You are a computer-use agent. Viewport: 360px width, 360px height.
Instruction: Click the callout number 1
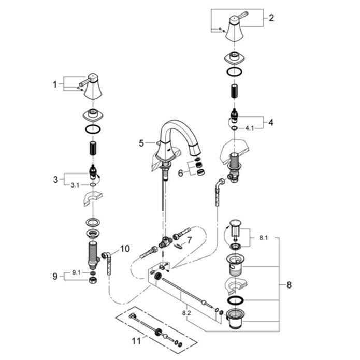54,84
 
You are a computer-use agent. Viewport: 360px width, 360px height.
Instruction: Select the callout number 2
271,18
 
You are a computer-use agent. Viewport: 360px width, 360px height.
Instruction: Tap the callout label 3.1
75,185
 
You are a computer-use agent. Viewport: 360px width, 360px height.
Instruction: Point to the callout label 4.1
250,128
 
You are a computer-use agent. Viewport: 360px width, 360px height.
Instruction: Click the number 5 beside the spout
141,143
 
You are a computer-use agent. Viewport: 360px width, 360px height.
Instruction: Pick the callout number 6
181,173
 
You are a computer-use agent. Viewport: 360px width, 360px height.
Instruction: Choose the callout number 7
189,240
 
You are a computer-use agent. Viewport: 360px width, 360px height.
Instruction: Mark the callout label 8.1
264,238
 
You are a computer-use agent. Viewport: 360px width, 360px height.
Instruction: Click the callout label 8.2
186,313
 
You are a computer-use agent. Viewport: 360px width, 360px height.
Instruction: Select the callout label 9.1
76,272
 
